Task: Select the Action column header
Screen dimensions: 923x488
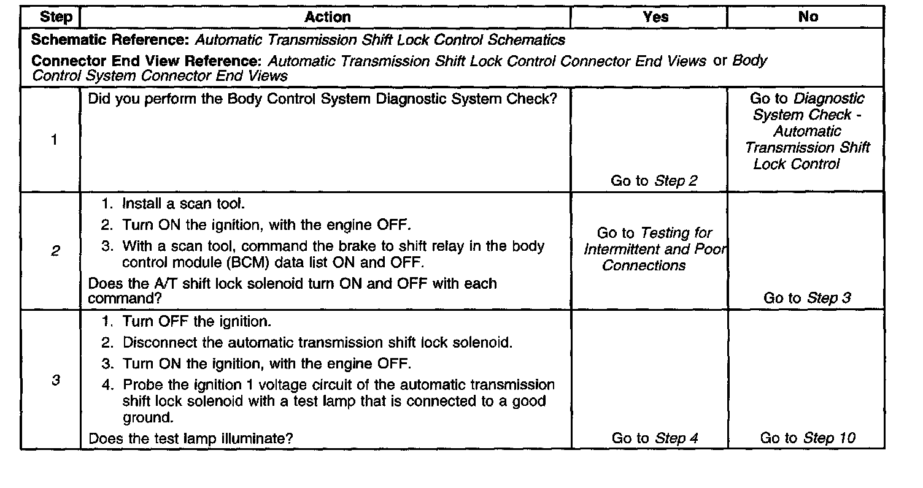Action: pos(328,17)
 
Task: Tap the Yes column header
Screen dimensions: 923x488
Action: pos(655,17)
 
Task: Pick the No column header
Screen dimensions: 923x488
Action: pos(808,17)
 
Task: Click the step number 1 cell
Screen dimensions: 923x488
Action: pos(54,139)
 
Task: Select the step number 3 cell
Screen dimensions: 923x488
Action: pos(55,380)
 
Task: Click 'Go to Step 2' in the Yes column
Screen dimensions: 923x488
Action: pos(654,181)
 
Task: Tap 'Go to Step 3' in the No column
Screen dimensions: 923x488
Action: pos(807,298)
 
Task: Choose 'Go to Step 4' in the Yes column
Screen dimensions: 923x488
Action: pos(655,438)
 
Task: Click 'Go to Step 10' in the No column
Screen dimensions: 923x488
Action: pos(807,438)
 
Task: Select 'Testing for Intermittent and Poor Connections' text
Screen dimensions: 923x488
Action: pos(654,250)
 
